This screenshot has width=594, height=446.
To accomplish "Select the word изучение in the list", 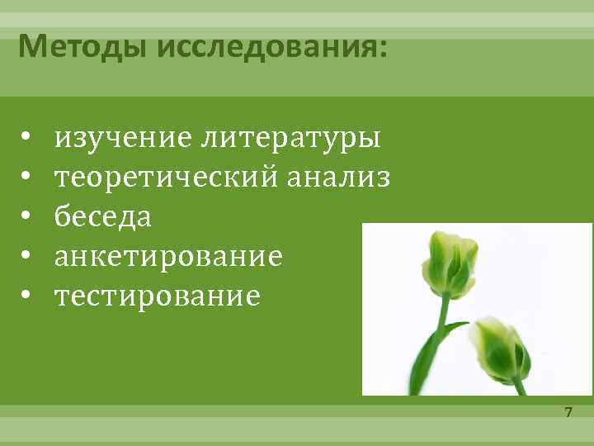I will (x=123, y=137).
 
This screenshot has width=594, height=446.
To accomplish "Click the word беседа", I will (x=103, y=216).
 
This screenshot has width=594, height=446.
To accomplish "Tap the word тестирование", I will (x=158, y=296).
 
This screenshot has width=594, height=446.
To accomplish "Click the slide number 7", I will (x=568, y=411).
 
